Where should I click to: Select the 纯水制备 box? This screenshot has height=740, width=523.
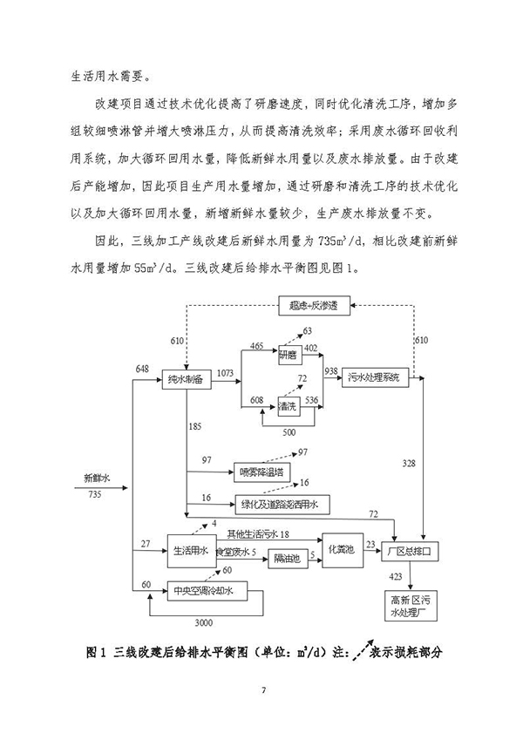pos(186,380)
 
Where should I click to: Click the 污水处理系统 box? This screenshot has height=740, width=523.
pos(374,378)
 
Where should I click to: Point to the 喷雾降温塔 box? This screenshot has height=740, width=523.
pos(261,472)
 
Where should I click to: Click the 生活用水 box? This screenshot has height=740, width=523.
pos(191,551)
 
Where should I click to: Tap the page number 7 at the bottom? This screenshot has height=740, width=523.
pos(261,692)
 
